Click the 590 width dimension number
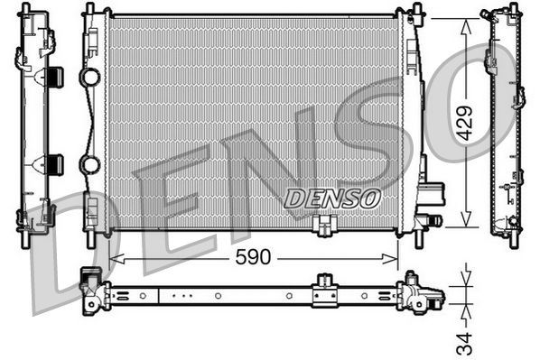point(253,258)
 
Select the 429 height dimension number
point(464,123)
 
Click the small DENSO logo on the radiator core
point(333,198)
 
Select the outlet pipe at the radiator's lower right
point(431,219)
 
